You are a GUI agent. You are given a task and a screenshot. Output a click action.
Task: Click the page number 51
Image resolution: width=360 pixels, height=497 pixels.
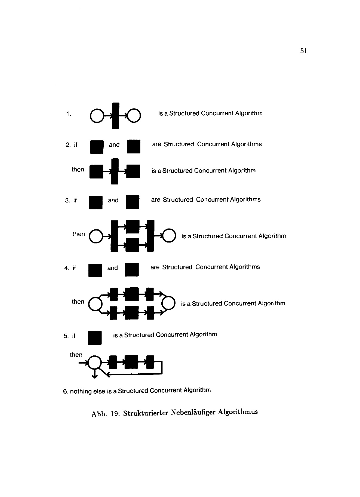pyautogui.click(x=303, y=51)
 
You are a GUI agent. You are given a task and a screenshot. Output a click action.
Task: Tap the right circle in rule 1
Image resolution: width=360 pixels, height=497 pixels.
pyautogui.click(x=134, y=115)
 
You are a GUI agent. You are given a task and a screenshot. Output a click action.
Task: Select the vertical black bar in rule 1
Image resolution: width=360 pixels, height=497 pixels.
pyautogui.click(x=115, y=116)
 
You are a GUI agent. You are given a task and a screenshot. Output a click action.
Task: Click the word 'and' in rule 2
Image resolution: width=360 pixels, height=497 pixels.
pyautogui.click(x=114, y=145)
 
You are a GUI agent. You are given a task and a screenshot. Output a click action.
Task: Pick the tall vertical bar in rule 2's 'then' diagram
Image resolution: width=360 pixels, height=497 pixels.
pyautogui.click(x=115, y=171)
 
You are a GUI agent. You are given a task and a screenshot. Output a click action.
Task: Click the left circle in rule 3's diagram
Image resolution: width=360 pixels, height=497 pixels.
pyautogui.click(x=96, y=237)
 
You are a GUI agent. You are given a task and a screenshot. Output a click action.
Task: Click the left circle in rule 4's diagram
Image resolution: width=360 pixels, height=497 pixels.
pyautogui.click(x=96, y=304)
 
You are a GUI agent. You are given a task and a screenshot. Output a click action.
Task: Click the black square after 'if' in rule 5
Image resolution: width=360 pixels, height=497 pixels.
pyautogui.click(x=95, y=338)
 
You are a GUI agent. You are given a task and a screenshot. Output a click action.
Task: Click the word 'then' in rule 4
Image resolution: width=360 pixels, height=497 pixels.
pyautogui.click(x=78, y=302)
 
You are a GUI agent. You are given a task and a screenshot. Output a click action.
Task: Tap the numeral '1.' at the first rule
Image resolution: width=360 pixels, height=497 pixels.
pyautogui.click(x=69, y=114)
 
